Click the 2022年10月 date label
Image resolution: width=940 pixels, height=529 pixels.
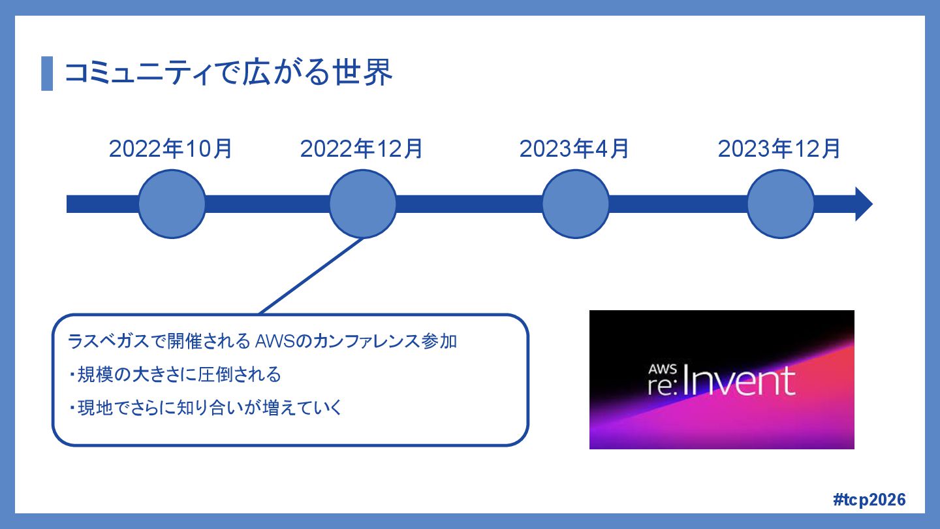point(170,149)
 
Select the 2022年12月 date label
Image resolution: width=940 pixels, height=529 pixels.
point(362,149)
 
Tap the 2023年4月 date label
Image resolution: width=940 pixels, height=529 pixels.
point(574,149)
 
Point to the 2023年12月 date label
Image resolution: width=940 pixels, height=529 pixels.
point(779,149)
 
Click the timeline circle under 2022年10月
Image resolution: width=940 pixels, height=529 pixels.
point(172,204)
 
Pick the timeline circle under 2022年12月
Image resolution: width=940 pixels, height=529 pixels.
point(362,204)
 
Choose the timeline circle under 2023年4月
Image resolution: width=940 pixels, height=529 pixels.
point(575,204)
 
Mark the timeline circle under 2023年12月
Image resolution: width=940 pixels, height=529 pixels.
point(780,204)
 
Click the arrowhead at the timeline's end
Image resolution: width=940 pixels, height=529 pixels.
point(863,204)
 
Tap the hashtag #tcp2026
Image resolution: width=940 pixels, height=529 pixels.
point(869,500)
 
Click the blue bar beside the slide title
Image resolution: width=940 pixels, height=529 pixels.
point(46,73)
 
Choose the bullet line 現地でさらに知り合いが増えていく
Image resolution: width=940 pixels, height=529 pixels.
point(205,409)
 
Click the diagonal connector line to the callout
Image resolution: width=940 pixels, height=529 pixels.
point(311,276)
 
